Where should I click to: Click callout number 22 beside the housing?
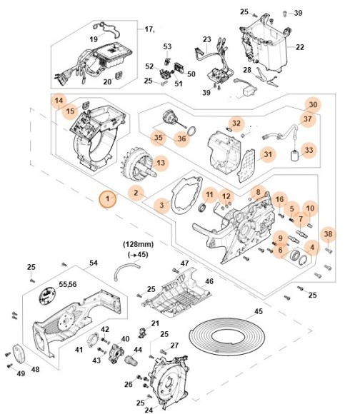point(300,47)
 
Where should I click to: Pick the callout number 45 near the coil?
point(259,311)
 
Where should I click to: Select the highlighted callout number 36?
point(181,138)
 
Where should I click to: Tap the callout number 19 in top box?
point(94,39)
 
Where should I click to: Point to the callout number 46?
point(209,282)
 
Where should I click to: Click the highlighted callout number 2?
point(134,192)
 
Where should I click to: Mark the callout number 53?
point(168,46)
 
